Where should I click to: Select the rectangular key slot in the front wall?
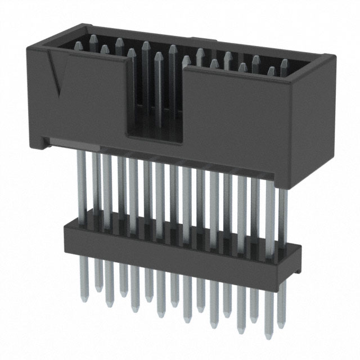point(155,96)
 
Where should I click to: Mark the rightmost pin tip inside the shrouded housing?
point(285,63)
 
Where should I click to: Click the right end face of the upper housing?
point(316,112)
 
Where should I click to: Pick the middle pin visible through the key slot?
point(159,90)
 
